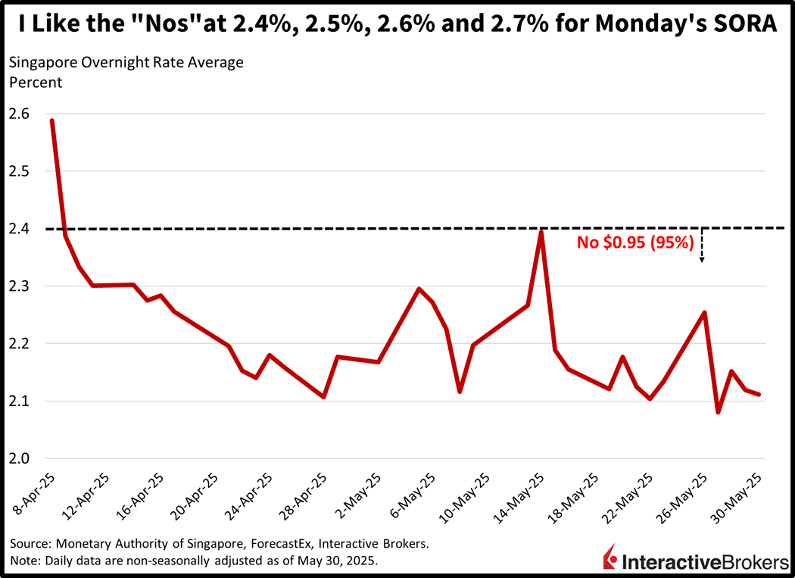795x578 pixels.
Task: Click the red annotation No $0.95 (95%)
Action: coord(635,243)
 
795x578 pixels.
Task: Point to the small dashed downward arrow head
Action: coord(702,260)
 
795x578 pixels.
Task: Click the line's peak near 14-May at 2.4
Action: coord(541,231)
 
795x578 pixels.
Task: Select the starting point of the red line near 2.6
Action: coord(51,120)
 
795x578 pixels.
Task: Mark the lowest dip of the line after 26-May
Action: coord(718,412)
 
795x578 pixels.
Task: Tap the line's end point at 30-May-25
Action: coord(759,394)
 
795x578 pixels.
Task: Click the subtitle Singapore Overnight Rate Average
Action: coord(126,63)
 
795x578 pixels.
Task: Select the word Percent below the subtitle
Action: coord(36,82)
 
